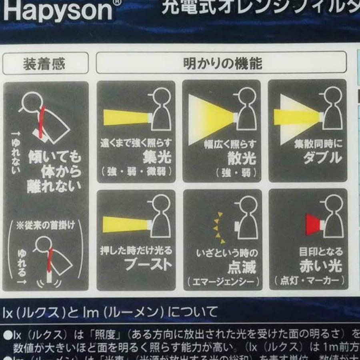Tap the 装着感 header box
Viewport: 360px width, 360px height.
(x=45, y=63)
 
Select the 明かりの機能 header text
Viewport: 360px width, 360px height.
(x=222, y=63)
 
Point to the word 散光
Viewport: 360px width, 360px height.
(x=242, y=158)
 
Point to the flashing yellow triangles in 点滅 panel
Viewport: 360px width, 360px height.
(x=218, y=228)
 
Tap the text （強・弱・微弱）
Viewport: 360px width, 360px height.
(x=137, y=172)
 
